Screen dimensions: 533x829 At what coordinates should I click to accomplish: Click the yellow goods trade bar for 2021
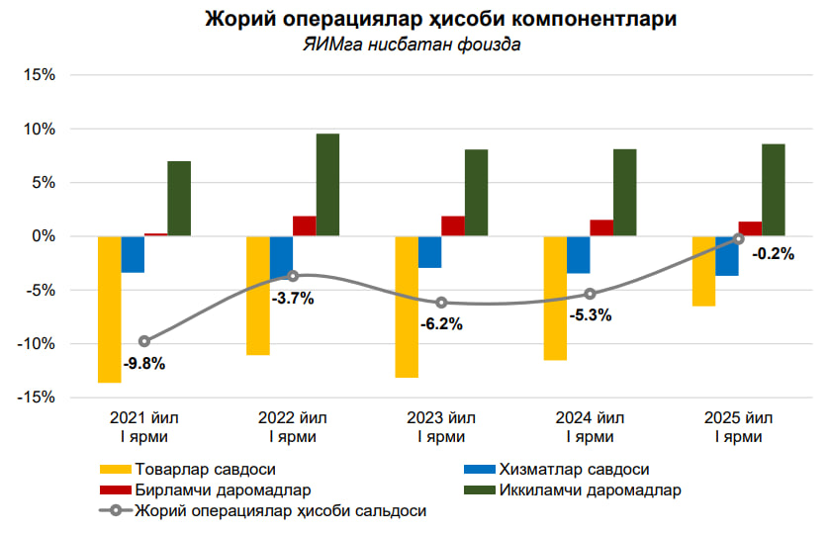[x=110, y=309]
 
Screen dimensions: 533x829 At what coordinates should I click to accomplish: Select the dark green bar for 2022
[x=327, y=185]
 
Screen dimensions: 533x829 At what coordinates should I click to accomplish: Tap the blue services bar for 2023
[x=429, y=252]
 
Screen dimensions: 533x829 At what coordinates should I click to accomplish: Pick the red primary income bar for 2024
[x=601, y=227]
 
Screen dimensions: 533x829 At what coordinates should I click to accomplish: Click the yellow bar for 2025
[x=703, y=271]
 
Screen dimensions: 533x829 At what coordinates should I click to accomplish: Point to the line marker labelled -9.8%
[x=144, y=341]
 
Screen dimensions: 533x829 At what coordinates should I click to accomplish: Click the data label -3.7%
[x=292, y=298]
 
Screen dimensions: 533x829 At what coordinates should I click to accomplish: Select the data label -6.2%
[x=441, y=323]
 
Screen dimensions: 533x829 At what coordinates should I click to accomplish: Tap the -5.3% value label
[x=591, y=315]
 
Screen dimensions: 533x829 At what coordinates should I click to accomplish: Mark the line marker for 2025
[x=739, y=238]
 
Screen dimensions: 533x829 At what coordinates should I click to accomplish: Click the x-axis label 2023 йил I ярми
[x=441, y=426]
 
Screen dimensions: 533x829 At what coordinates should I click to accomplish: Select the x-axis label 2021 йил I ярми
[x=144, y=426]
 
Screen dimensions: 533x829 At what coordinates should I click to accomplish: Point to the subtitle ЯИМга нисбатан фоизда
[x=412, y=44]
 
